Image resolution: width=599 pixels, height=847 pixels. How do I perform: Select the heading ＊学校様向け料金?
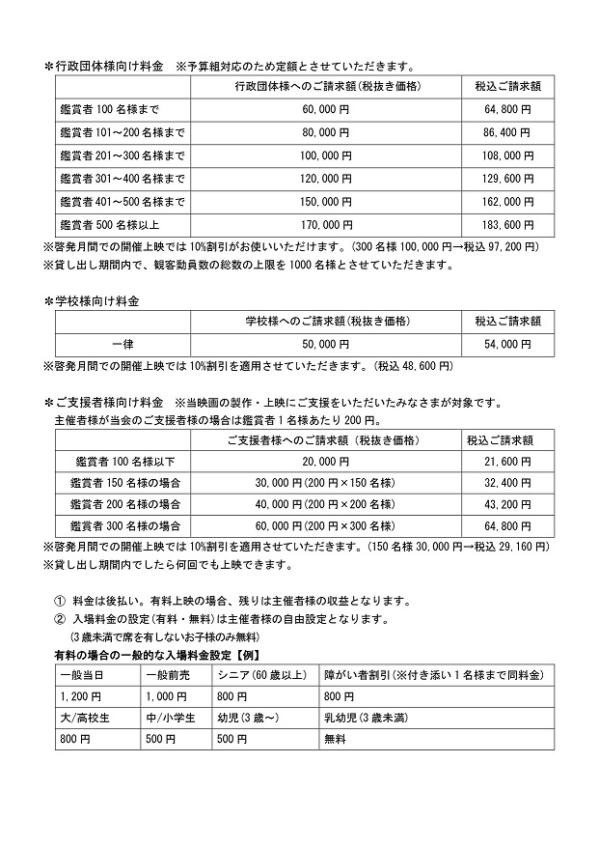click(93, 301)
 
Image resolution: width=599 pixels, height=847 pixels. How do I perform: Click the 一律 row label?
click(122, 344)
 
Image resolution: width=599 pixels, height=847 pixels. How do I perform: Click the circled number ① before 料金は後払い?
click(59, 600)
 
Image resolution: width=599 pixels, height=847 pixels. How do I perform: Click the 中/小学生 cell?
click(170, 717)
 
